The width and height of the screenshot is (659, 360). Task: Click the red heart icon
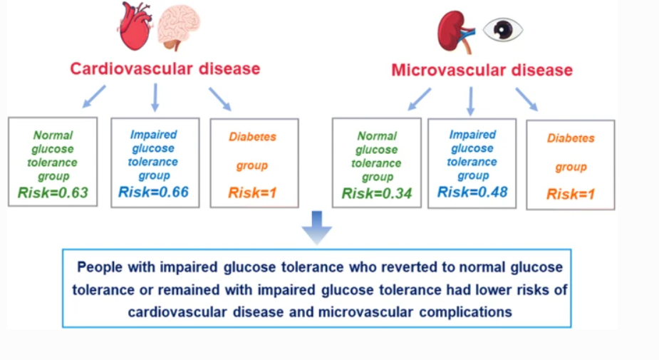(x=135, y=26)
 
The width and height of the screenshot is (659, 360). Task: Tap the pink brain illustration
(x=179, y=27)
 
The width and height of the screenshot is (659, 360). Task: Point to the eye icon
(x=503, y=29)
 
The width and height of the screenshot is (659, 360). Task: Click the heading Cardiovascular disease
(x=165, y=68)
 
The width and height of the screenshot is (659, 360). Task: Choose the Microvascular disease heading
(x=482, y=70)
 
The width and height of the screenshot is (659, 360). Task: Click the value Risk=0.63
(x=53, y=192)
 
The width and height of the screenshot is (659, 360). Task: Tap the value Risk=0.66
(x=153, y=192)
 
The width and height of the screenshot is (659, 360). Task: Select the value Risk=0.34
(x=377, y=193)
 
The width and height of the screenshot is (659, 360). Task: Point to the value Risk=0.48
(x=472, y=192)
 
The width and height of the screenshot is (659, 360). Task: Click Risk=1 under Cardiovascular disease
(x=253, y=193)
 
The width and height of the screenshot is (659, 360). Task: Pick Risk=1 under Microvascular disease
(x=571, y=195)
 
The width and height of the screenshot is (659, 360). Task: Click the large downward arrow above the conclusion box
(x=317, y=227)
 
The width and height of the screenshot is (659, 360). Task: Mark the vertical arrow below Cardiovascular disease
(x=155, y=97)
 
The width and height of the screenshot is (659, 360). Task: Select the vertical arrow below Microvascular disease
(x=471, y=101)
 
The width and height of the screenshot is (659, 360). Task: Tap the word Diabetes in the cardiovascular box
(x=253, y=137)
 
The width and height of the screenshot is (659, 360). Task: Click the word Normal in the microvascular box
(x=377, y=136)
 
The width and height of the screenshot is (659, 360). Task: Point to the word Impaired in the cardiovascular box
(x=153, y=135)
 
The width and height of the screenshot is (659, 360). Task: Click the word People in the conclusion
(x=100, y=267)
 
